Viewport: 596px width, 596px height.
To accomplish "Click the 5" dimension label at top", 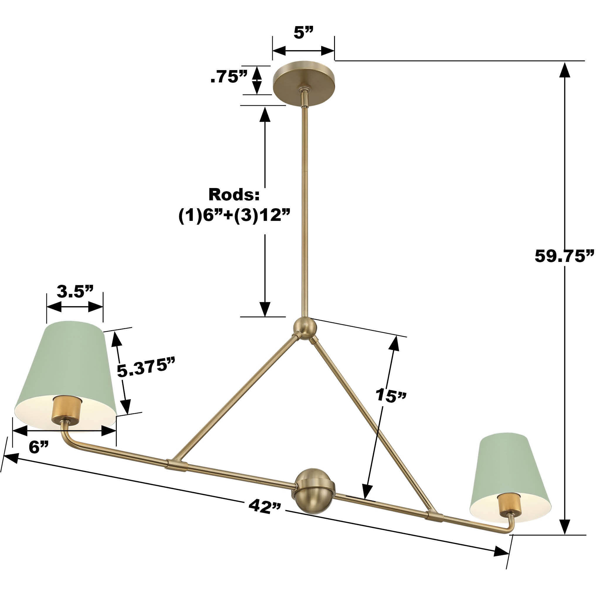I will point(303,33).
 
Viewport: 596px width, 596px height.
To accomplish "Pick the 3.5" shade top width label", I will point(75,291).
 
